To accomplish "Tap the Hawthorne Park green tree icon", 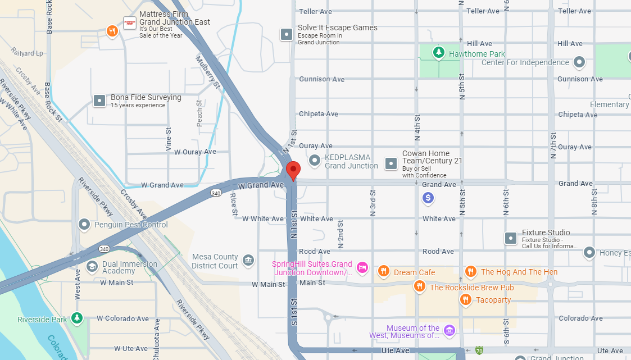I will click(438, 53).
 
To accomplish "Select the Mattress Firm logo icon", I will click(130, 23).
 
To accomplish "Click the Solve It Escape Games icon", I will click(287, 34).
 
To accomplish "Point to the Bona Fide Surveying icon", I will click(99, 101).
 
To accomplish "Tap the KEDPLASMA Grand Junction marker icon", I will click(315, 161).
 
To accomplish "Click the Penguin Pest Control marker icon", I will click(84, 225).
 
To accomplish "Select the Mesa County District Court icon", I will click(248, 260).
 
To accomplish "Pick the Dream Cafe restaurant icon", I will click(383, 272).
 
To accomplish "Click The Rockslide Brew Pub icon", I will click(419, 287).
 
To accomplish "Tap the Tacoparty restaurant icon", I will click(465, 300).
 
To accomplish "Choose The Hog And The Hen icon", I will click(470, 272).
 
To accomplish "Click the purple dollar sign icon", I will click(428, 198).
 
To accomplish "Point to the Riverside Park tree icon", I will click(77, 318).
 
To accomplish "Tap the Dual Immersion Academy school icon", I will click(92, 266).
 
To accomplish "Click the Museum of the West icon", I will click(449, 330).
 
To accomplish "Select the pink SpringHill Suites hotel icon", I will click(362, 267).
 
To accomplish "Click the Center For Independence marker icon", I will click(580, 62).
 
